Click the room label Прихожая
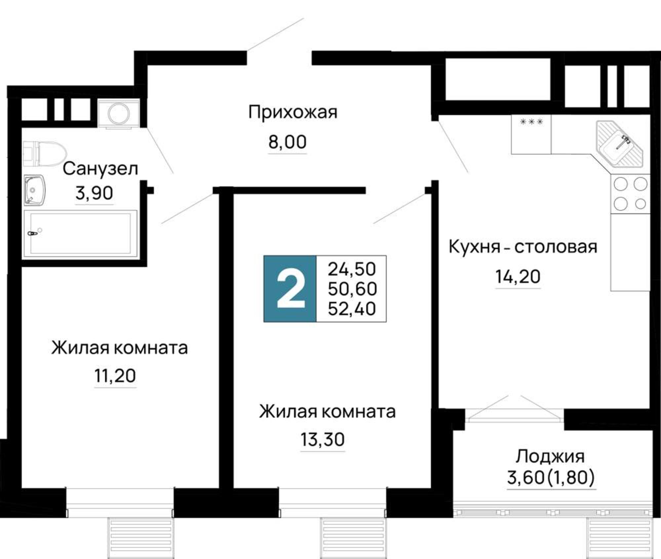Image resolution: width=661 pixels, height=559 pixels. click(x=293, y=113)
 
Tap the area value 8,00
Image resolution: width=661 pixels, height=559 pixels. click(x=288, y=142)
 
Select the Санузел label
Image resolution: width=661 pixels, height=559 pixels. click(x=100, y=169)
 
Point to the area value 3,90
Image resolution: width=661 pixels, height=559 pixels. click(x=94, y=193)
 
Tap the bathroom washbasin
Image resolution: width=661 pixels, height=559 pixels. click(x=34, y=190)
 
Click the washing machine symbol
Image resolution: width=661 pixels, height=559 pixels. click(x=119, y=114)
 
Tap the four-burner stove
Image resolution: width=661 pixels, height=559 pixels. click(x=630, y=194)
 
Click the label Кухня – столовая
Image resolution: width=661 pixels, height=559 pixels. click(x=523, y=247)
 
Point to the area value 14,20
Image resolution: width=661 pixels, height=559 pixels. click(x=518, y=277)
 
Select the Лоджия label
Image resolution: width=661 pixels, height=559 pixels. click(x=550, y=457)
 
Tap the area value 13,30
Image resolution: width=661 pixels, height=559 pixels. click(x=323, y=439)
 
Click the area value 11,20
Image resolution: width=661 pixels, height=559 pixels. click(x=115, y=376)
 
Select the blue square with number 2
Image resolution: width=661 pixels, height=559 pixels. click(x=290, y=288)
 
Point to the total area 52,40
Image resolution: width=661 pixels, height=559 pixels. click(x=352, y=309)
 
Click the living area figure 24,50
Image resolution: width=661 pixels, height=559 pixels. click(x=352, y=269)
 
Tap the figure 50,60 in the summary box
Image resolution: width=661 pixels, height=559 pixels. click(x=352, y=289)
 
